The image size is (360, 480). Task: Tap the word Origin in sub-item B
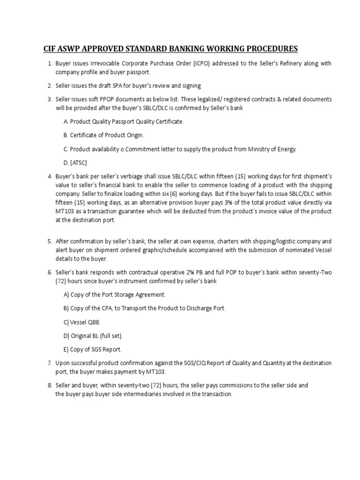pyautogui.click(x=133, y=135)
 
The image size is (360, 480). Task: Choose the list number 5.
pyautogui.click(x=49, y=241)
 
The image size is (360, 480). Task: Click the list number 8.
pyautogui.click(x=49, y=385)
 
